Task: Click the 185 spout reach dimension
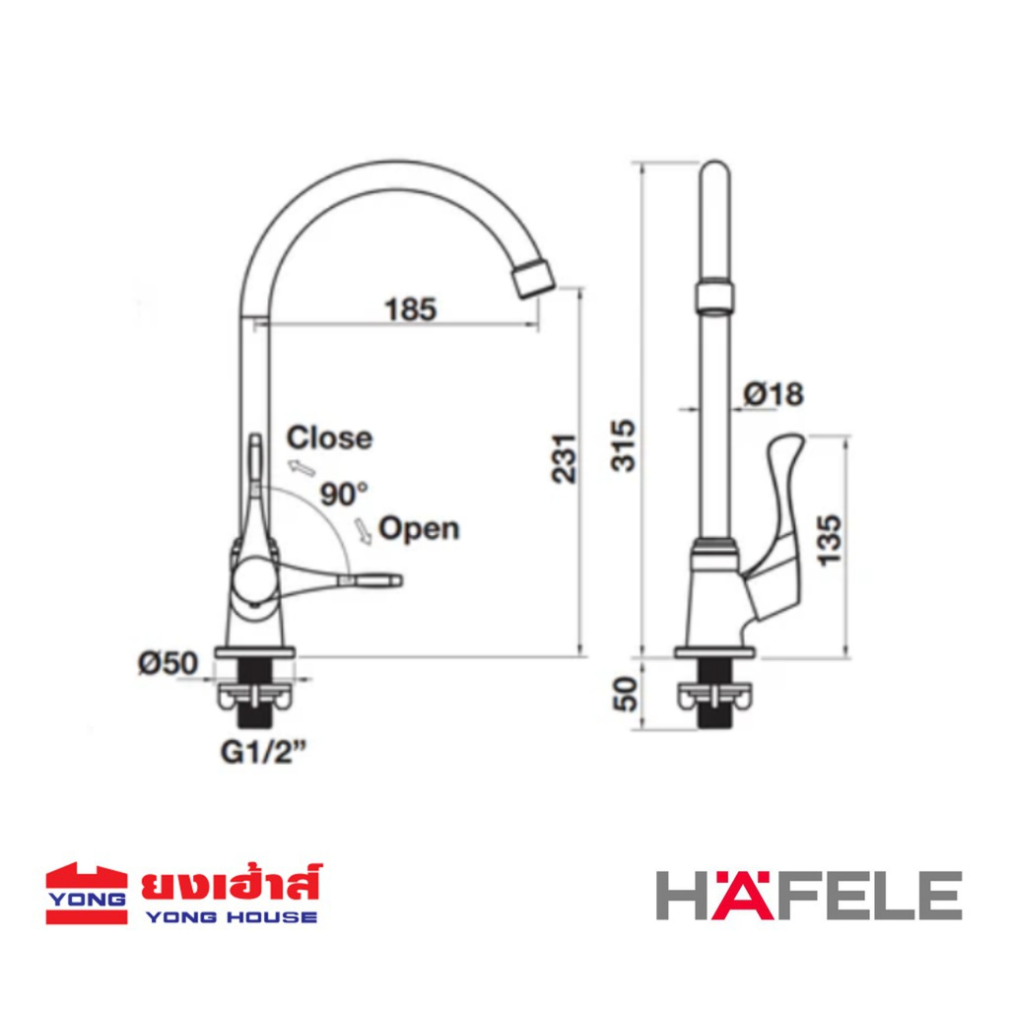(411, 308)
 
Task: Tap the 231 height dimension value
(565, 458)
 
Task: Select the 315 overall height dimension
(623, 445)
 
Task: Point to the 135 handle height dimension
(830, 540)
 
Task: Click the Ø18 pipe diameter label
(774, 394)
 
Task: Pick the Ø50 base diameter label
(168, 663)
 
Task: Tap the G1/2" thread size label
(263, 752)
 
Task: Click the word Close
(329, 438)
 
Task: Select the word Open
(419, 529)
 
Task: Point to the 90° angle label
(344, 495)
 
